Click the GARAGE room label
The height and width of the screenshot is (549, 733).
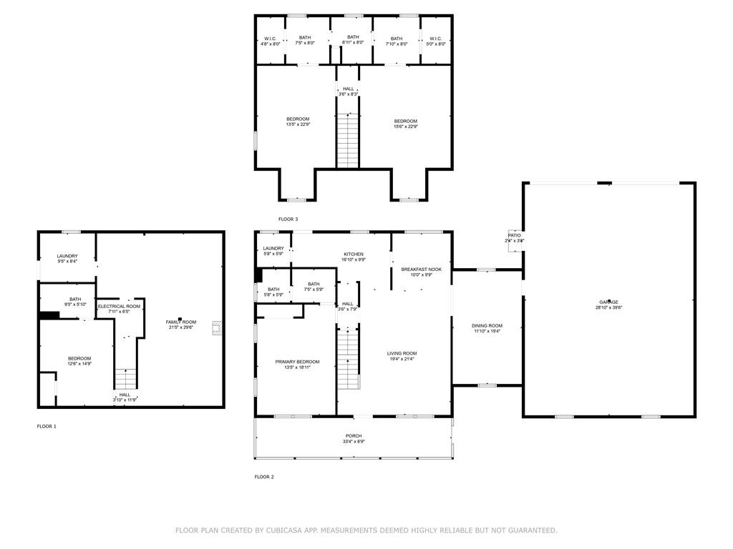608,302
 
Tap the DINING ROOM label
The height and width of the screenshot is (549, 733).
487,326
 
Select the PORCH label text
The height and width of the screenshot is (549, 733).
354,436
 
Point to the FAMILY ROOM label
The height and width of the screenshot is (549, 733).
181,322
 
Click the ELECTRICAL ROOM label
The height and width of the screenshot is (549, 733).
120,306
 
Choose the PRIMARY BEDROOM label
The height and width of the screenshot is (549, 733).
297,362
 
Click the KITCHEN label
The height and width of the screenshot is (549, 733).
354,254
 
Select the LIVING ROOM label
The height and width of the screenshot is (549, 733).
402,353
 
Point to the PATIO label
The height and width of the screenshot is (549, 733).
515,235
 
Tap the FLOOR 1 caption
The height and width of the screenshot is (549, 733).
47,426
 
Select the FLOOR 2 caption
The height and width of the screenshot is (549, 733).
264,477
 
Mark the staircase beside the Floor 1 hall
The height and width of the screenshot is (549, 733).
125,378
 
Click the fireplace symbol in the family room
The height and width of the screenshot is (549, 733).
215,328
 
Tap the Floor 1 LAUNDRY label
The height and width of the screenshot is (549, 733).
67,256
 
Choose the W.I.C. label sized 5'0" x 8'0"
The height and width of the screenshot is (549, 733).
436,38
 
